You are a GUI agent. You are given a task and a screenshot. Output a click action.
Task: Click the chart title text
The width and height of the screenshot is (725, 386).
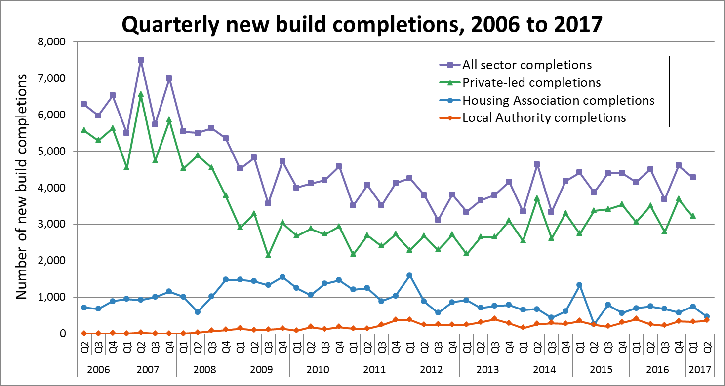tap(362, 24)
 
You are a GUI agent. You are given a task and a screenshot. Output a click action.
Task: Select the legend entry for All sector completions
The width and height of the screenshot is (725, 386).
tap(526, 65)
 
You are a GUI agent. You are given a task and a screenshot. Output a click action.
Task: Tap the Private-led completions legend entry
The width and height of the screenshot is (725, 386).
tap(531, 82)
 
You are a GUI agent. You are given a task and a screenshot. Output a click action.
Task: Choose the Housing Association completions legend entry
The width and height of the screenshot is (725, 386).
tap(558, 100)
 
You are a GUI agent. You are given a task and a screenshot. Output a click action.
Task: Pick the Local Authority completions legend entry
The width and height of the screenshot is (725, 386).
tap(544, 118)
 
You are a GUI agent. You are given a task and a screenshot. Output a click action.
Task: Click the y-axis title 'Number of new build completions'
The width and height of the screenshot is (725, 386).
tap(21, 188)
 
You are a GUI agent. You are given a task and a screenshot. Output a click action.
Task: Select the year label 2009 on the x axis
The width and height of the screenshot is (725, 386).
tap(261, 370)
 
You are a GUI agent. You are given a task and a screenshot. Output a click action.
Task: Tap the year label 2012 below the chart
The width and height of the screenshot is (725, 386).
tap(431, 370)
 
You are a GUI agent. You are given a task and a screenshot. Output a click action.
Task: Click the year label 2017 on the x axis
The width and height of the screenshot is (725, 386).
tap(699, 370)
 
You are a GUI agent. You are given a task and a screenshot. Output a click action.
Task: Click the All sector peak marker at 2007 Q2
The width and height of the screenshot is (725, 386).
tap(141, 60)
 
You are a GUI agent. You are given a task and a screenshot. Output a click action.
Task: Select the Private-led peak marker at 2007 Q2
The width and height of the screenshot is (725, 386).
tap(141, 94)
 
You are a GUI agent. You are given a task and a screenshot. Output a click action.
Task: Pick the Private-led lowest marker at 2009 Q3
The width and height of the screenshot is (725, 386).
tap(268, 255)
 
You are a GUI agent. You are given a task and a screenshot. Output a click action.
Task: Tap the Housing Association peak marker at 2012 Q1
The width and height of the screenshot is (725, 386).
tap(409, 275)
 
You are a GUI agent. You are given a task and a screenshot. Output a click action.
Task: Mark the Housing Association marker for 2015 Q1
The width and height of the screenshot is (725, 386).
tap(579, 285)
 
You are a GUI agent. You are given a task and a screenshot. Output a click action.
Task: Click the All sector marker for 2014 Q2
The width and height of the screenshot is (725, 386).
tap(537, 164)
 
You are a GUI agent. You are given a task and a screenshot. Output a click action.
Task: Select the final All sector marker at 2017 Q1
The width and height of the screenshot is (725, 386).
tap(692, 177)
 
